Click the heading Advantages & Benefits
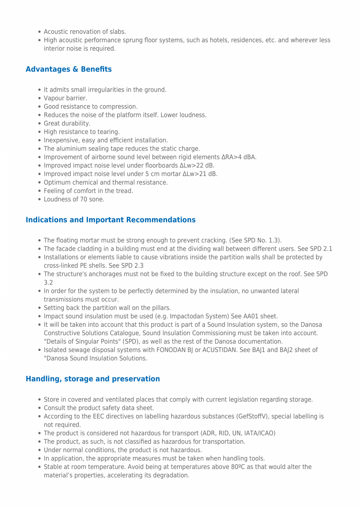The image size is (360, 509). coord(68,69)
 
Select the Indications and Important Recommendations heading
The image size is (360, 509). coord(110,220)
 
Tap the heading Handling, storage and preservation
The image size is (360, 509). coord(93,379)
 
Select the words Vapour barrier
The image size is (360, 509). coord(65,98)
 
